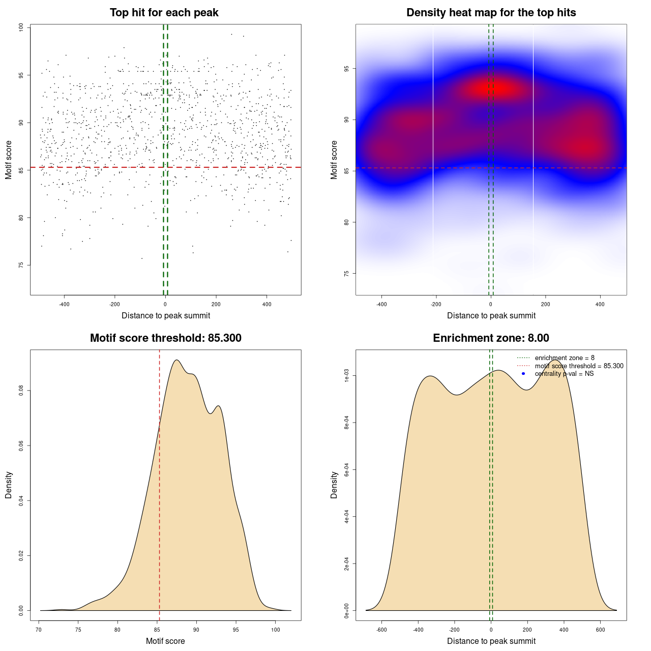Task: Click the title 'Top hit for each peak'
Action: point(164,13)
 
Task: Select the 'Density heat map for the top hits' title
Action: point(491,13)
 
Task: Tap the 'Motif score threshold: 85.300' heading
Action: point(165,338)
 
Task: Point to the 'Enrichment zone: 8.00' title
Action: point(491,338)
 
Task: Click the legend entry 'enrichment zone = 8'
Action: point(564,358)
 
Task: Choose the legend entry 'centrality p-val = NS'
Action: point(564,374)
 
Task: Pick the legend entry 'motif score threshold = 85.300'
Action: point(579,366)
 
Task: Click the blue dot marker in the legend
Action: point(523,374)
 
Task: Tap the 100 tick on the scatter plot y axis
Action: point(21,27)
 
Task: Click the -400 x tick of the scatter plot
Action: point(64,304)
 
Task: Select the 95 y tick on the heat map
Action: point(347,69)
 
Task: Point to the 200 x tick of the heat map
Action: point(546,304)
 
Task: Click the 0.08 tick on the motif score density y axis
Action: point(21,391)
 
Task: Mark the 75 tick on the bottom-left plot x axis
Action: point(78,630)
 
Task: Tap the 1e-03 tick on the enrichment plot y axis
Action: point(347,376)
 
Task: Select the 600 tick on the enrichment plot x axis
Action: point(601,630)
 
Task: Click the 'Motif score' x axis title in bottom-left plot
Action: point(165,641)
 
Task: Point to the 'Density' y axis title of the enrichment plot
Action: point(334,485)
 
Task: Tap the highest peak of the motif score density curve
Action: point(176,360)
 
